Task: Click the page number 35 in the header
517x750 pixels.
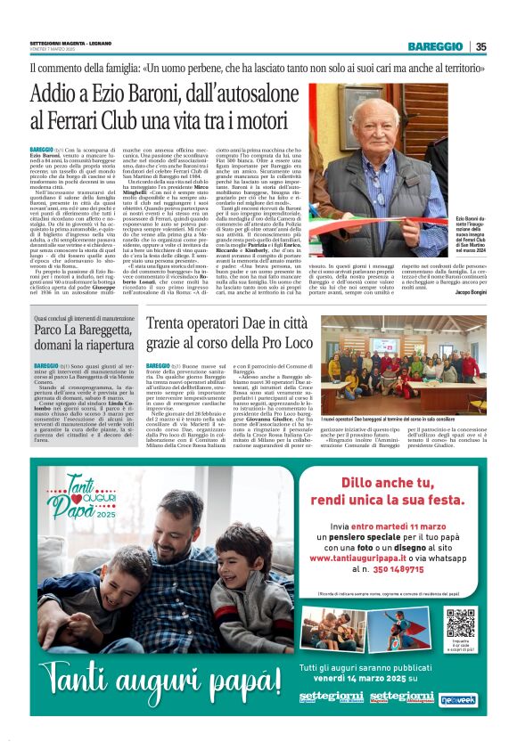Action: (480, 46)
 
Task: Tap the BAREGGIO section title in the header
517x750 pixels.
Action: (435, 46)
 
